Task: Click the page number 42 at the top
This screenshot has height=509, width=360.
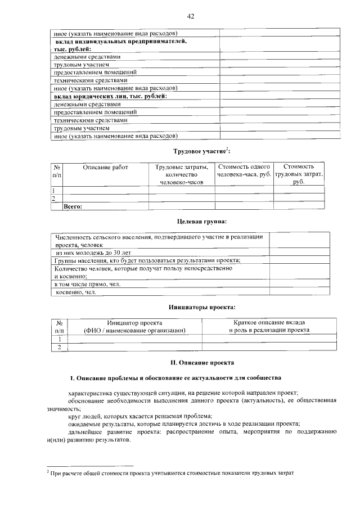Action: pos(190,16)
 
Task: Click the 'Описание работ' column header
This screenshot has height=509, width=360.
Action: pos(106,167)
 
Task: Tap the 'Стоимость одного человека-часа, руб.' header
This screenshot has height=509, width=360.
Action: pos(244,171)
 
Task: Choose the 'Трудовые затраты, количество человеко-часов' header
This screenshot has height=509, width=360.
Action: pos(182,174)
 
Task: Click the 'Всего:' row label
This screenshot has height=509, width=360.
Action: pos(73,206)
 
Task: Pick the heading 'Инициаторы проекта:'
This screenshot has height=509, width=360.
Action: pos(201,307)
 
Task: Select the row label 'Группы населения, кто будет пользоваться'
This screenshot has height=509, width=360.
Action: pos(148,260)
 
